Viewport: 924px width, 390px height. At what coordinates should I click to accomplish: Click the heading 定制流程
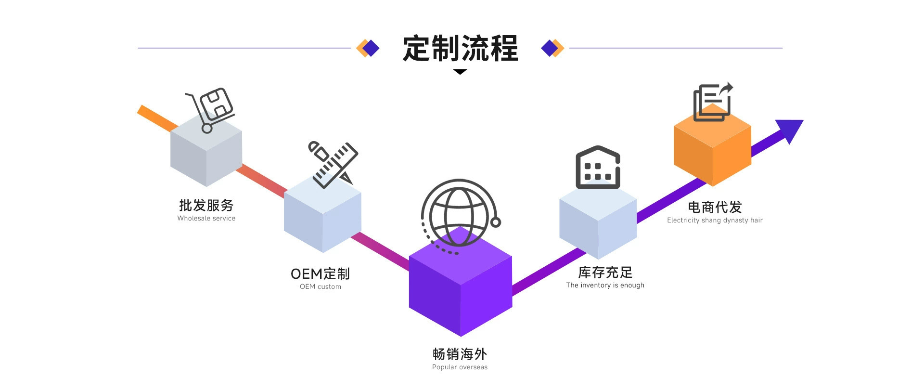click(x=460, y=48)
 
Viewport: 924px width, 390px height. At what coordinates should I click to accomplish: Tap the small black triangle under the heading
click(x=460, y=72)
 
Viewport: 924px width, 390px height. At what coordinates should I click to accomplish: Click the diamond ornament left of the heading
click(x=368, y=48)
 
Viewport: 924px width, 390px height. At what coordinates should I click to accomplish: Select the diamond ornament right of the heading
click(x=552, y=48)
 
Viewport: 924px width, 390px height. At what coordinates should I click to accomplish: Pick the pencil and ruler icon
click(x=334, y=164)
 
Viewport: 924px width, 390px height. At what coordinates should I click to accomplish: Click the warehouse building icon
click(x=598, y=167)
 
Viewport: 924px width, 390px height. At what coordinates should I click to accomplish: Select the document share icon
click(x=713, y=102)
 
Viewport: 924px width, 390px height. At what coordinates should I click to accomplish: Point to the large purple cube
click(x=461, y=282)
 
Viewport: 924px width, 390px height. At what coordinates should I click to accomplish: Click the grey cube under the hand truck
click(x=206, y=149)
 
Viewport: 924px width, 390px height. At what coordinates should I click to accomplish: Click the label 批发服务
click(x=206, y=205)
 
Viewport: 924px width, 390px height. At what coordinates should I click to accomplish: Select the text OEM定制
click(x=320, y=273)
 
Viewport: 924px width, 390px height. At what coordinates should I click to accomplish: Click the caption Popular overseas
click(x=460, y=367)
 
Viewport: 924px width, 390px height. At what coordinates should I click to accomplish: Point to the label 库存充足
click(x=605, y=272)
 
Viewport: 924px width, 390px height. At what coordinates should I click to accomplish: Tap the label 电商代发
click(x=715, y=207)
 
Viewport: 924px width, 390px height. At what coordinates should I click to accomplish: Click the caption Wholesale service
click(x=206, y=218)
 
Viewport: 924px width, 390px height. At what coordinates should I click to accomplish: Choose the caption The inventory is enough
click(x=605, y=285)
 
